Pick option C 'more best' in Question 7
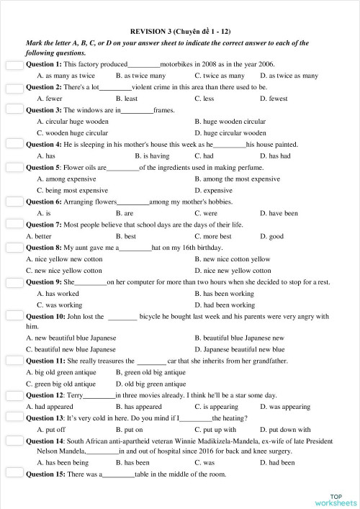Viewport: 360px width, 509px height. (212, 236)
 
